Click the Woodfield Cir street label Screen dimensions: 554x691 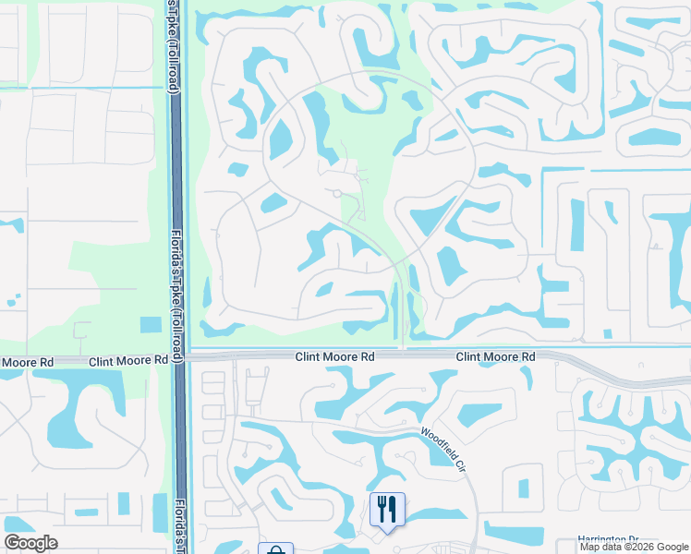[x=442, y=447]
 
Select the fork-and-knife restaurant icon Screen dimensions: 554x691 [x=387, y=508]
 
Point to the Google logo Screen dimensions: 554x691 [x=30, y=543]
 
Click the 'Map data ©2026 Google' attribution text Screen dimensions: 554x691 [x=634, y=547]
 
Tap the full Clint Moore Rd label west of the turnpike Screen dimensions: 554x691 [x=127, y=362]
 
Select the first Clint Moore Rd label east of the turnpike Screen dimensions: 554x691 [x=334, y=355]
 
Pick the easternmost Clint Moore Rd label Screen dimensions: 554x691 [x=496, y=355]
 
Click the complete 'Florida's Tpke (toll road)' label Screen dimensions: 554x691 [x=175, y=295]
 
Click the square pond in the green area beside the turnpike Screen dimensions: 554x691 [x=150, y=325]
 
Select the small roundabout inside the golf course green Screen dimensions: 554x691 [x=337, y=193]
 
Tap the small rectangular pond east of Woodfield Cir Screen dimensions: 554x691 [x=524, y=488]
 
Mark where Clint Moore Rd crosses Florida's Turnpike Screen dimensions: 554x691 [x=179, y=355]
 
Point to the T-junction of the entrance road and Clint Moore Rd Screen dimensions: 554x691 [x=404, y=349]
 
